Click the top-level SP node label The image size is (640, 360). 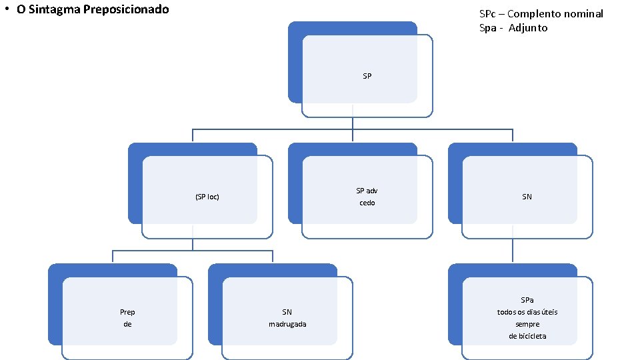367,76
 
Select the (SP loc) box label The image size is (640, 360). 207,197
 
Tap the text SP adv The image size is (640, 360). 367,191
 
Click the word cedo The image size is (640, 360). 367,203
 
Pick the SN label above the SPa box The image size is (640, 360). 527,197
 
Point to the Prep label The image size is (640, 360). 127,312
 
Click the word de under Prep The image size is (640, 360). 127,324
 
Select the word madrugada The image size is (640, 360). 287,324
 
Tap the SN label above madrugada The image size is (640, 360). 287,312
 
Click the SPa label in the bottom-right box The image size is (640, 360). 527,300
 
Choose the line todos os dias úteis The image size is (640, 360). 527,312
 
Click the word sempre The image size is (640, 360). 527,324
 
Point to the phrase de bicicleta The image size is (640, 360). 527,336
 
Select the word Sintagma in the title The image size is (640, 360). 55,10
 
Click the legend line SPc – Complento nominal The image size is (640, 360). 541,14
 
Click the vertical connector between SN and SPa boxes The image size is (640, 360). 513,251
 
